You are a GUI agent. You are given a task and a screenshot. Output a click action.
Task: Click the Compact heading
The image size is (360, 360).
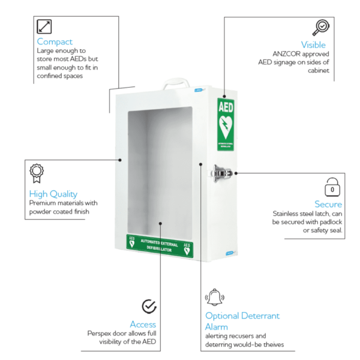point(55,41)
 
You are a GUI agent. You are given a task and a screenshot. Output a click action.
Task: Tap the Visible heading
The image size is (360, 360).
point(313,44)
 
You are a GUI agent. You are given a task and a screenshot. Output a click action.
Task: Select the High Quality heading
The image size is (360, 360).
point(53,194)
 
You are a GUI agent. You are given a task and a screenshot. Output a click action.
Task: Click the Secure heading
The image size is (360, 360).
point(328,204)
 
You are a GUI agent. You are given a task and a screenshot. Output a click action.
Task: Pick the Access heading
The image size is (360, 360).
point(143,325)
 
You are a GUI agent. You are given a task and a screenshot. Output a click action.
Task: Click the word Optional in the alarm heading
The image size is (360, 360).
point(222,316)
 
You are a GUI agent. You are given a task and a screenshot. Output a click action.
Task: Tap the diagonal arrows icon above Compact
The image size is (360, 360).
point(44,26)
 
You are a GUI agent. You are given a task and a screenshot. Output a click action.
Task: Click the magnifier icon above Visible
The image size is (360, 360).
point(320,28)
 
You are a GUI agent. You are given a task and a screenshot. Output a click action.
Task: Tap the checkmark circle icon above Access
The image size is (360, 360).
point(149,307)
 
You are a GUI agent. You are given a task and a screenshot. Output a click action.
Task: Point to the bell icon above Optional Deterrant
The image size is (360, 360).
point(214,297)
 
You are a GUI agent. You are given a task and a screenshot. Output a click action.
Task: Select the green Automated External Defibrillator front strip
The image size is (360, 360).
point(160,245)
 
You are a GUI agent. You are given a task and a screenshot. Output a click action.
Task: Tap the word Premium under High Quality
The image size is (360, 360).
point(43,203)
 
